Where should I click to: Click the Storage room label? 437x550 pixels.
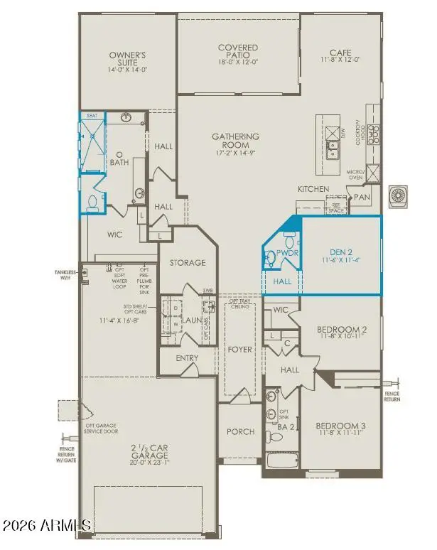tap(187, 263)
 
